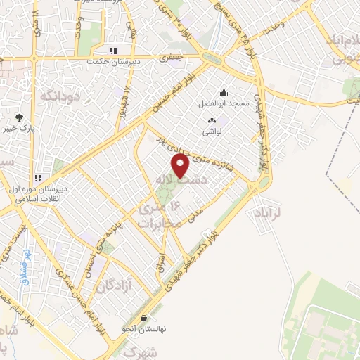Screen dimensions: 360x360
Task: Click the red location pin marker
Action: pyautogui.click(x=181, y=165)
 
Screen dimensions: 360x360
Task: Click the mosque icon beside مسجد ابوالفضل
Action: pyautogui.click(x=224, y=92)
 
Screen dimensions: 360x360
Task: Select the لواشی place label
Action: pyautogui.click(x=213, y=131)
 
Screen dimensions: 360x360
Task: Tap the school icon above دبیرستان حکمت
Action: pyautogui.click(x=112, y=51)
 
